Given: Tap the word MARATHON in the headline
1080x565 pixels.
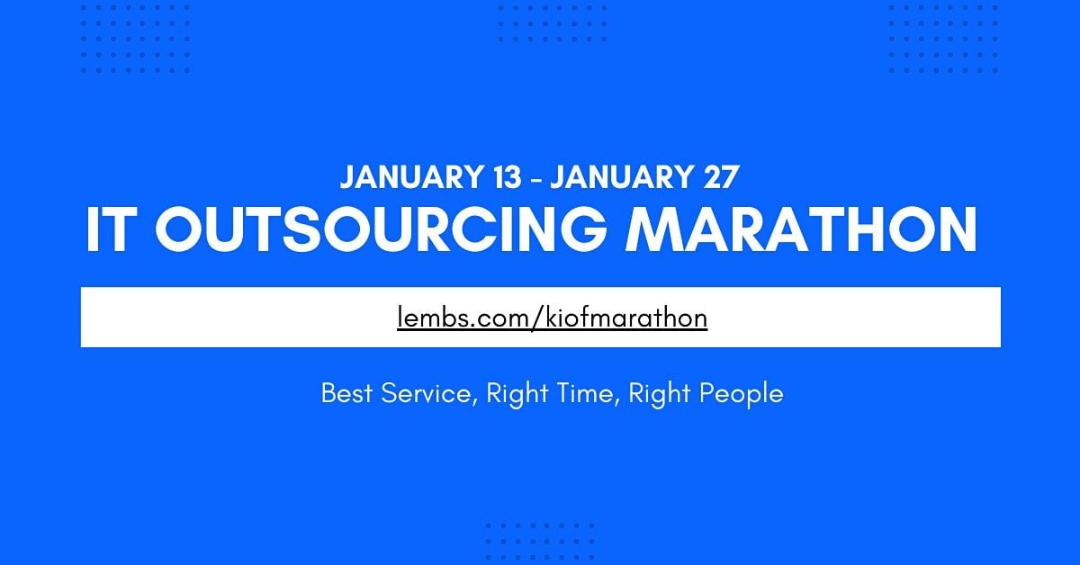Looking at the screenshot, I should click(x=801, y=229).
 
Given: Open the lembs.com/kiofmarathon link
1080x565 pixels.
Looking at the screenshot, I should click(x=552, y=318).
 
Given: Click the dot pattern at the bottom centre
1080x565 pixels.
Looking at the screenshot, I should click(x=540, y=542).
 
